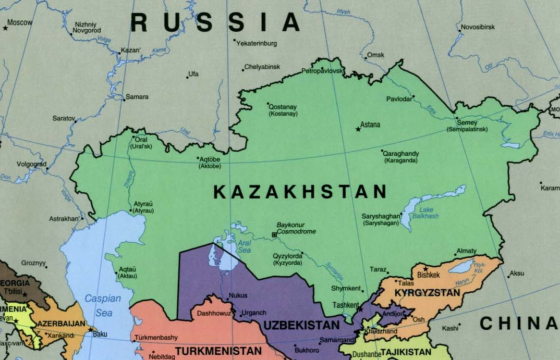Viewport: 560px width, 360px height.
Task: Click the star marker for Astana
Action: point(358,129)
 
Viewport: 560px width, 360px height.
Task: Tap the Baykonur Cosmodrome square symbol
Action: point(274,235)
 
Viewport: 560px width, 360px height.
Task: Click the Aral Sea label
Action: point(244,246)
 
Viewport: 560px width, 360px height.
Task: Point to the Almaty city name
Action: point(466,251)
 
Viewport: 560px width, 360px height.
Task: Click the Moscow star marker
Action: point(6,28)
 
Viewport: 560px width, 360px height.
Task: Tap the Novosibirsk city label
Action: point(478,27)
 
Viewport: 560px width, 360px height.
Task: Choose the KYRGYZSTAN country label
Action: point(428,293)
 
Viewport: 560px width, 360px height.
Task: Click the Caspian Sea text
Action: point(103,306)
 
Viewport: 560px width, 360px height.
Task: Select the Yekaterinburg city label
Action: point(257,44)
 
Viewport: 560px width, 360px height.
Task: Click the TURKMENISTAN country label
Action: point(218,351)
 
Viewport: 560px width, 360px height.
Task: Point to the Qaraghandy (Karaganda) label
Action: point(400,157)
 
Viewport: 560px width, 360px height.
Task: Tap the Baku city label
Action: point(100,334)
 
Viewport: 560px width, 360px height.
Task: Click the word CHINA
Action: point(518,323)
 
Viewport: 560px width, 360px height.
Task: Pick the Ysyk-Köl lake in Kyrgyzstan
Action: point(461,268)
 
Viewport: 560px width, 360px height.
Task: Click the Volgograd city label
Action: point(31,164)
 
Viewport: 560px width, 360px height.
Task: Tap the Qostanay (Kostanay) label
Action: point(283,109)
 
